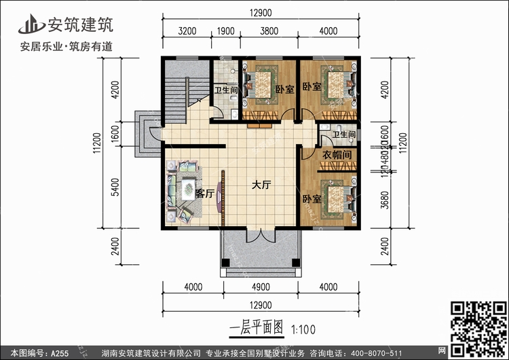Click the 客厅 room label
[x=204, y=194]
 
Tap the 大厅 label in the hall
[x=262, y=185]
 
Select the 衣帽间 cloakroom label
[x=336, y=155]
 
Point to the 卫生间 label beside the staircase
[x=225, y=90]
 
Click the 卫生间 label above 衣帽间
[x=344, y=135]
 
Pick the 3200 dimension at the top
[x=187, y=31]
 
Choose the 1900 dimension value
[x=225, y=31]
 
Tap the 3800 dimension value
[x=269, y=31]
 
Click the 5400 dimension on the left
[x=115, y=183]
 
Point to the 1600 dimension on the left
[x=115, y=134]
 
